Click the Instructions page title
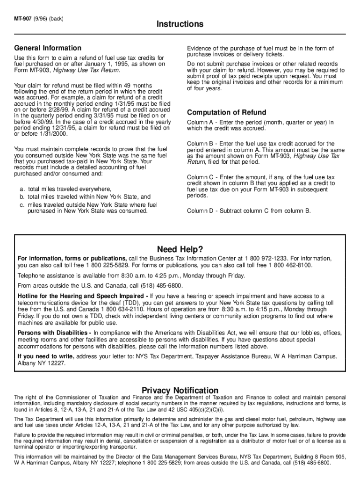coord(180,24)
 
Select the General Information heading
coord(48,48)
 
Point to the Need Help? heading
coord(180,249)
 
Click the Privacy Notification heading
coord(180,390)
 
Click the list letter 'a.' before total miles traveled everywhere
coord(22,189)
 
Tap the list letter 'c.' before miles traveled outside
coord(22,205)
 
